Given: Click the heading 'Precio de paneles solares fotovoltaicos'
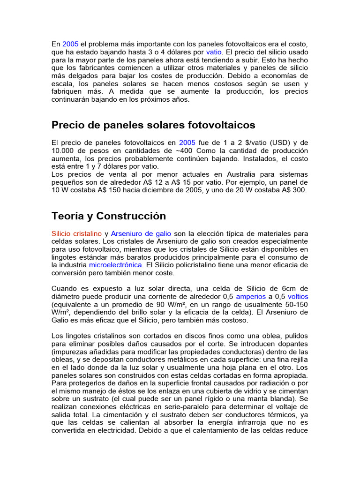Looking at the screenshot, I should click(x=153, y=125).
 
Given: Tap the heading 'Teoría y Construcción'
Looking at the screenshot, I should click(x=109, y=216).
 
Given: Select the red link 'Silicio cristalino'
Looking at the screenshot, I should click(x=76, y=233).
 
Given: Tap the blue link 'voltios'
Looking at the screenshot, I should click(x=298, y=297).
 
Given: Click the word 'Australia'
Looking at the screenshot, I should click(x=231, y=174).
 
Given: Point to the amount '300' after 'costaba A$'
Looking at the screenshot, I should click(x=299, y=190).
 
